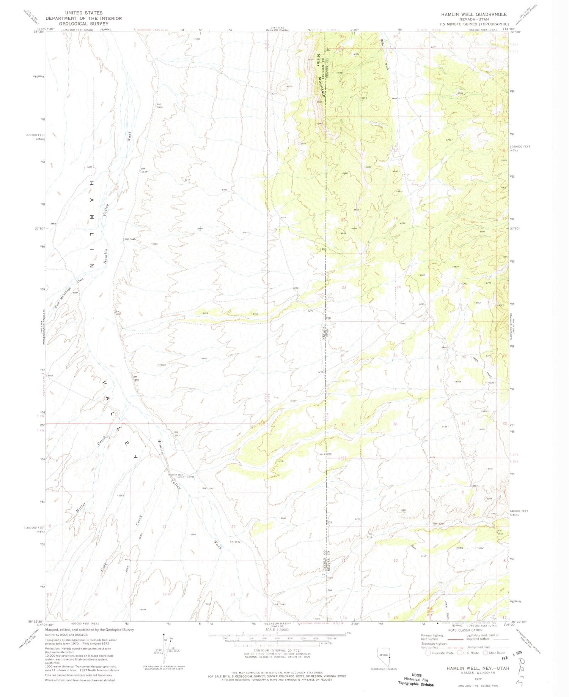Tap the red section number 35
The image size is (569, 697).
[343, 424]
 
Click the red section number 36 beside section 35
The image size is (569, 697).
[395, 424]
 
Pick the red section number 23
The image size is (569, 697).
[344, 288]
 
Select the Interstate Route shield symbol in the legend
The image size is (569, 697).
[428, 653]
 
